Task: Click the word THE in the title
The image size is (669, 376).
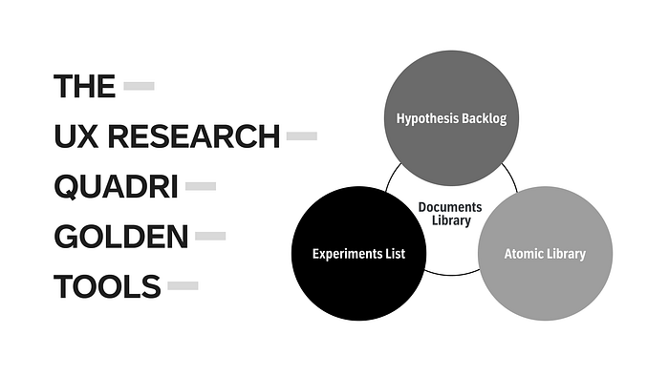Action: [84, 86]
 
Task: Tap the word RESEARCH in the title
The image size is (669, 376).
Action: [194, 136]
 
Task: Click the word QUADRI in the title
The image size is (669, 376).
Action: [116, 186]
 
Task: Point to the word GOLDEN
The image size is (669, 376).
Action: [121, 237]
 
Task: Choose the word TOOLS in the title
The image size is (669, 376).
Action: [107, 286]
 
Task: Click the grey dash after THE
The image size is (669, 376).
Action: [140, 86]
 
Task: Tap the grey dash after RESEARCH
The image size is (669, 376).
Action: [302, 136]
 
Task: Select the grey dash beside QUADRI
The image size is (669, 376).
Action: [201, 186]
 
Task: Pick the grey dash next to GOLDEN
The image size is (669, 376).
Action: [210, 236]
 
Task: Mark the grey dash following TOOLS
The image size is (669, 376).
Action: [183, 285]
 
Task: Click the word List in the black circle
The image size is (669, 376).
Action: [396, 254]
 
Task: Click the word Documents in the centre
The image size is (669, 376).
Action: [450, 207]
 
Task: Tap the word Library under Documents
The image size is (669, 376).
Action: [451, 220]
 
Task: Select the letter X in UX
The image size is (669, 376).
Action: [88, 136]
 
